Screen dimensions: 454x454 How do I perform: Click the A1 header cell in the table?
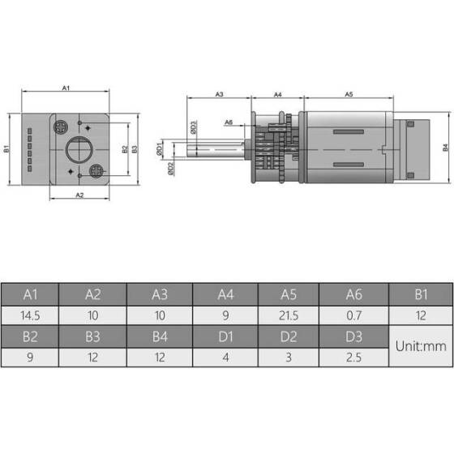[x=32, y=294]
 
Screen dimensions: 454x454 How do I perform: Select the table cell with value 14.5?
[x=32, y=315]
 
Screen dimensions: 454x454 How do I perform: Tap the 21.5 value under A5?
[x=289, y=315]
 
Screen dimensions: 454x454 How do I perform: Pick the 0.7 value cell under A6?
[x=353, y=315]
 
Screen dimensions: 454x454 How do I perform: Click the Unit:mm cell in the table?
[x=421, y=346]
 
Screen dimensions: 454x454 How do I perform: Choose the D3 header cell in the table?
[x=353, y=336]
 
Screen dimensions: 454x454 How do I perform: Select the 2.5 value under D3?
[x=353, y=357]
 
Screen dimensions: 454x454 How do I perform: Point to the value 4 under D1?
[x=225, y=357]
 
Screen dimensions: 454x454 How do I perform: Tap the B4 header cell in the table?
[x=161, y=336]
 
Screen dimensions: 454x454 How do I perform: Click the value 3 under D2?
[x=289, y=357]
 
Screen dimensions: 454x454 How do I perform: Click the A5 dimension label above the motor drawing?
[x=349, y=95]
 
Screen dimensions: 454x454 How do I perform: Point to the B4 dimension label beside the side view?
[x=445, y=148]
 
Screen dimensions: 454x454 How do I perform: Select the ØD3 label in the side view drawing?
[x=194, y=127]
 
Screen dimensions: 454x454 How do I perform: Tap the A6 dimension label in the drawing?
[x=229, y=122]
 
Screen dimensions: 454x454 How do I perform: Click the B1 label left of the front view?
[x=6, y=149]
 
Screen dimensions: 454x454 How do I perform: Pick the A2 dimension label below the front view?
[x=79, y=195]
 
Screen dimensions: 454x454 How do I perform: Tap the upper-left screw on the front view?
[x=61, y=126]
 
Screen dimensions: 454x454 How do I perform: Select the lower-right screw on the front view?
[x=98, y=171]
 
